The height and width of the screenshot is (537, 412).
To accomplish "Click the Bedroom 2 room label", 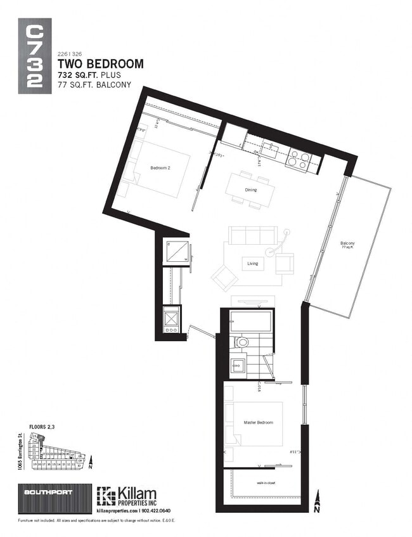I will point(160,167).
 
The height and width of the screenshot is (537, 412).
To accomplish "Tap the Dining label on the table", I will point(250,190).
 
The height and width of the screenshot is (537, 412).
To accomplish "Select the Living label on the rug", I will point(252,263).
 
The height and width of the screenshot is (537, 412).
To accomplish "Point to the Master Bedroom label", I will point(258,422).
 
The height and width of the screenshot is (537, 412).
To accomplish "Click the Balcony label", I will point(347,244).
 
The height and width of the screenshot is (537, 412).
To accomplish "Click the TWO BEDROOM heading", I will point(100,64).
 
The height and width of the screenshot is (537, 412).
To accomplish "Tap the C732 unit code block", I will point(35,58).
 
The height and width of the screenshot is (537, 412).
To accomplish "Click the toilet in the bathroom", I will point(241,343).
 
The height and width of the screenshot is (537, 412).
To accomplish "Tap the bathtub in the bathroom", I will point(250,321).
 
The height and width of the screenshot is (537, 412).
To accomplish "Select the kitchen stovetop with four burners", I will point(298,160).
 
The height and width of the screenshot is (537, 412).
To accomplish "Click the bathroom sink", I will point(237,365).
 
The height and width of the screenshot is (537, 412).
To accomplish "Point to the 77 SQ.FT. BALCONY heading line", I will point(94,84).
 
